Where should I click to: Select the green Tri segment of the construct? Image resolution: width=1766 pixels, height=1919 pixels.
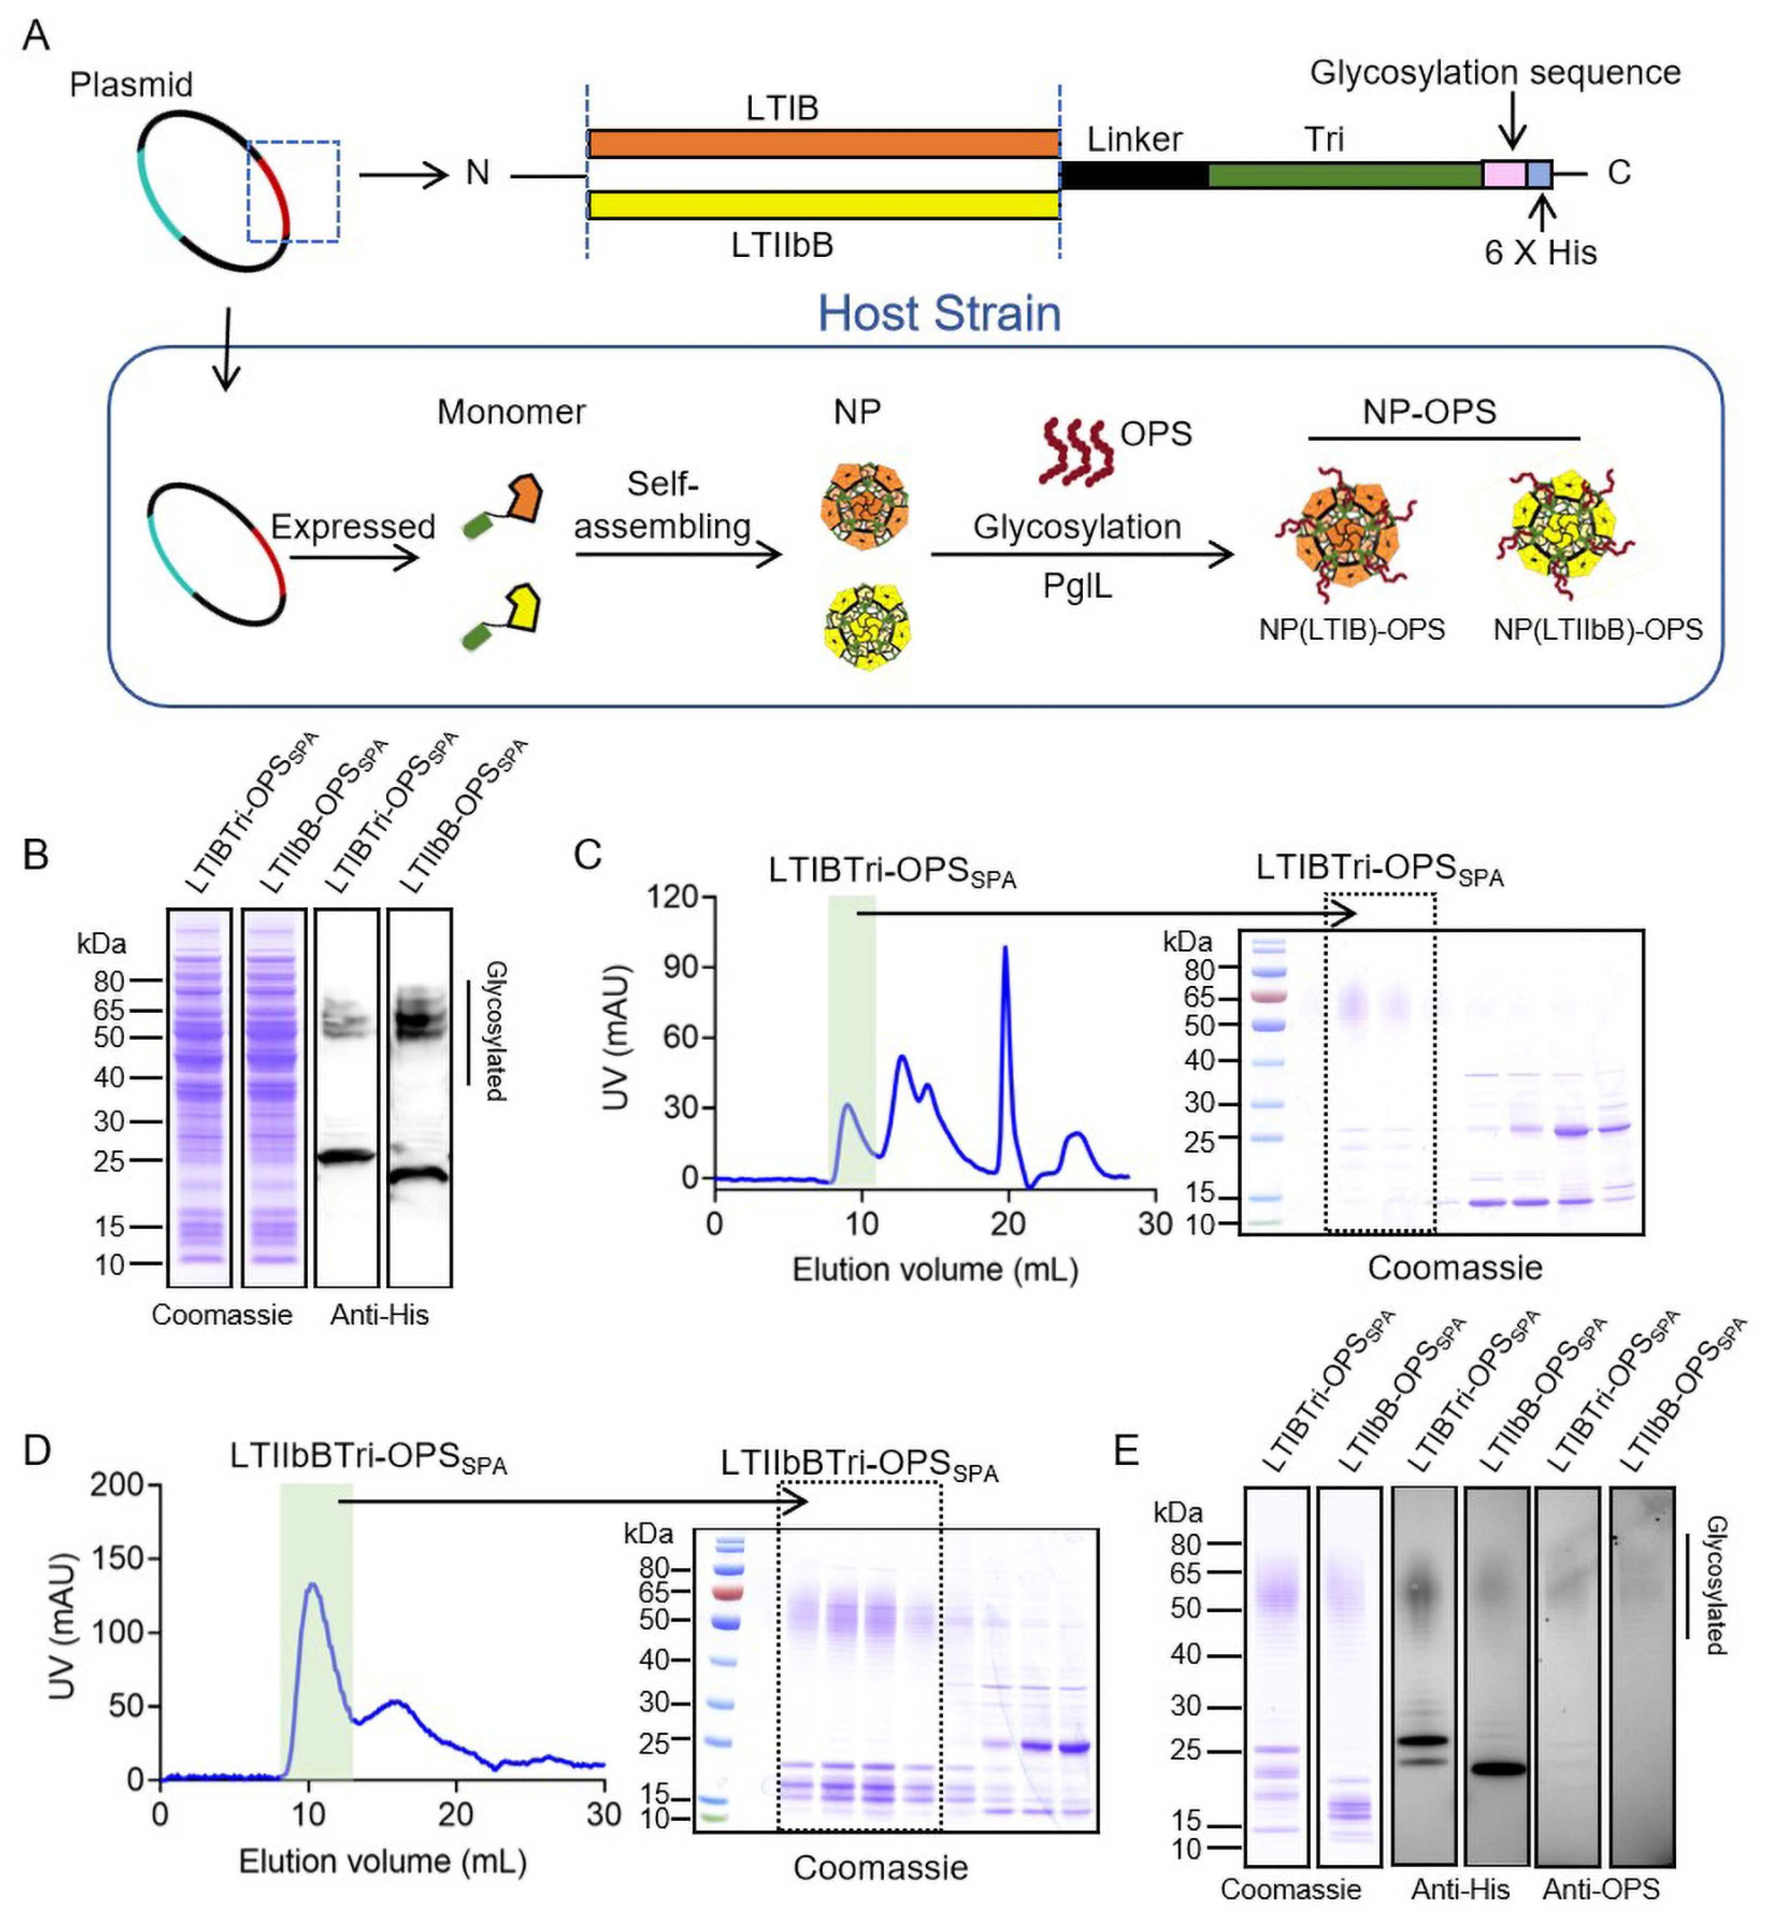coord(1345,175)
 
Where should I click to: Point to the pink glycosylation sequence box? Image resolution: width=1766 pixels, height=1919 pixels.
coord(1503,175)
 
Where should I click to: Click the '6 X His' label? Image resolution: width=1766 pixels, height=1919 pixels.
coord(1540,252)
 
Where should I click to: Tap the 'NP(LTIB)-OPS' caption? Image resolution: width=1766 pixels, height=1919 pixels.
coord(1351,630)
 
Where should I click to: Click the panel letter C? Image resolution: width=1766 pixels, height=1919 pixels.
coord(588,854)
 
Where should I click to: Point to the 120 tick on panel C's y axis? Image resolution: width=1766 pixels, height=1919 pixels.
coord(674,897)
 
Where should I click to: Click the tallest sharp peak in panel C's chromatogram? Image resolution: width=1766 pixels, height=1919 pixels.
coord(1004,949)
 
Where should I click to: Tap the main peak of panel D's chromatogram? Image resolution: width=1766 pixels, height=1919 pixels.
coord(311,1586)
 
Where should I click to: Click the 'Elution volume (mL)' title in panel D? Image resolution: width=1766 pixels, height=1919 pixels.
coord(382,1861)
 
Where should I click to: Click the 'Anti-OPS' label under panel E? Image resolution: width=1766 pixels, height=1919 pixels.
coord(1600,1889)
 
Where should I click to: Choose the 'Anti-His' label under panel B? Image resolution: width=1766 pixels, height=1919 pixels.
coord(379,1315)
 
